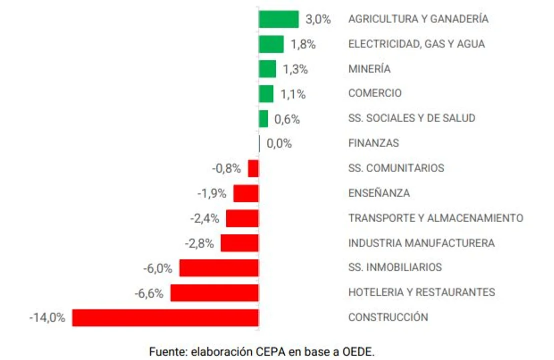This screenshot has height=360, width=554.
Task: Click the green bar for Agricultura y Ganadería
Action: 278,19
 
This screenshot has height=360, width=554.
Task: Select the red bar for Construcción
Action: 165,317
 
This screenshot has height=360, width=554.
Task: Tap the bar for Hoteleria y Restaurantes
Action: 214,292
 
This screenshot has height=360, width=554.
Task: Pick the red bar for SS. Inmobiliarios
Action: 219,268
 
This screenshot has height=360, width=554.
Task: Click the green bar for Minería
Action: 267,69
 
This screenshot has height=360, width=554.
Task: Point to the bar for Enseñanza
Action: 246,193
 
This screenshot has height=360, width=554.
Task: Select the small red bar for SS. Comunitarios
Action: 253,168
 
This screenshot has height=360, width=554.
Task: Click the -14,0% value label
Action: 47,317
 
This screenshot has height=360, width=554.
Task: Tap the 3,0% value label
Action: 318,19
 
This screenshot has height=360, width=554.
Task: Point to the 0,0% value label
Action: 279,144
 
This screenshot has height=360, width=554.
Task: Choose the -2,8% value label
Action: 199,243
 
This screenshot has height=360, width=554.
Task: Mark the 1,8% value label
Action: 303,44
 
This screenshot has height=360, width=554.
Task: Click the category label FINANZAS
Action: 373,143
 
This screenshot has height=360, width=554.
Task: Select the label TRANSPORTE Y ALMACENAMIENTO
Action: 436,218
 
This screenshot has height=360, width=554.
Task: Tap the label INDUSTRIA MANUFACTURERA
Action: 421,243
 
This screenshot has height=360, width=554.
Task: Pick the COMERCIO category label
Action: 375,93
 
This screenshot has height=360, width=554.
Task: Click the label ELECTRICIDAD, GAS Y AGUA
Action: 416,44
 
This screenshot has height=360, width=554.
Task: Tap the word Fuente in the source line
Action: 167,351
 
